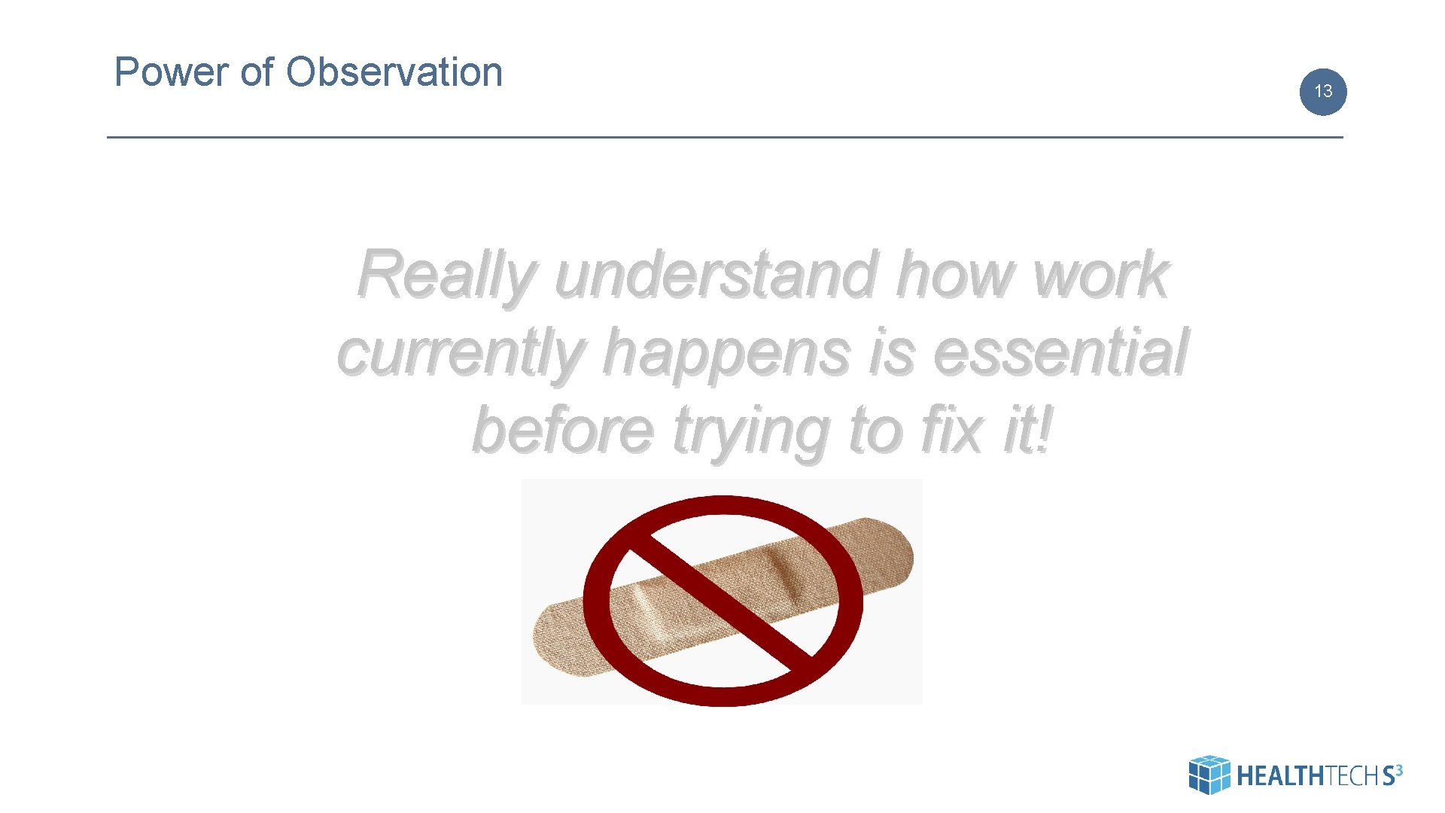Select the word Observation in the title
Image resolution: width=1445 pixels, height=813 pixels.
(394, 73)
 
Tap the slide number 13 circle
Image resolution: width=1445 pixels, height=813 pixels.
(1322, 92)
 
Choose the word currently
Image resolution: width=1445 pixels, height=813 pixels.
(461, 354)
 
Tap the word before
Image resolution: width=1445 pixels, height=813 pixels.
(562, 431)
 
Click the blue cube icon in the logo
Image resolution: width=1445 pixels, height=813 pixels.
(1209, 775)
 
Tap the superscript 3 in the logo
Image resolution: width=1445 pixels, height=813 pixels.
(1398, 769)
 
